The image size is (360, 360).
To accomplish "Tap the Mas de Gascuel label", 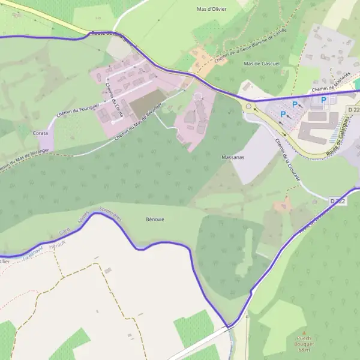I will pyautogui.click(x=258, y=64).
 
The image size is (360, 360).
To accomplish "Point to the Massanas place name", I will pyautogui.click(x=232, y=157).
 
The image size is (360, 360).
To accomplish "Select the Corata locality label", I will pyautogui.click(x=40, y=133).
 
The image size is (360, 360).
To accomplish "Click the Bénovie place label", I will pyautogui.click(x=155, y=219).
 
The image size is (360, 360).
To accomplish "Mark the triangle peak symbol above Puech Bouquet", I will pyautogui.click(x=304, y=333).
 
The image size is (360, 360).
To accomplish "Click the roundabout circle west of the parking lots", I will pyautogui.click(x=248, y=107).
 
